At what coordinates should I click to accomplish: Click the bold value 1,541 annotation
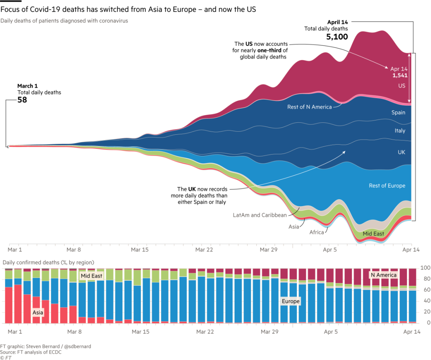[x=399, y=75]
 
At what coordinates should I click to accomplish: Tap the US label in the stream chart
[x=401, y=86]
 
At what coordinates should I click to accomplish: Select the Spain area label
[x=398, y=113]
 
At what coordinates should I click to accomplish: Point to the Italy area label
[x=400, y=131]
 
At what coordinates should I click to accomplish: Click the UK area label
[x=401, y=152]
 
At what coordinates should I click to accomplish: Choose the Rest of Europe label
[x=387, y=186]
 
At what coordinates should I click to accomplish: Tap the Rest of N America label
[x=309, y=107]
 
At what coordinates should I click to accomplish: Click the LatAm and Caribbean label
[x=260, y=215]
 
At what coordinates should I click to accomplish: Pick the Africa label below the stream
[x=316, y=232]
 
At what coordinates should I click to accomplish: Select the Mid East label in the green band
[x=373, y=234]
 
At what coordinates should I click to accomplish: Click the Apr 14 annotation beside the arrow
[x=399, y=69]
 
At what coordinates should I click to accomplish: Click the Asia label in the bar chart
[x=38, y=313]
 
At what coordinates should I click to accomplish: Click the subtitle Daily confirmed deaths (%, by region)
[x=48, y=262]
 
